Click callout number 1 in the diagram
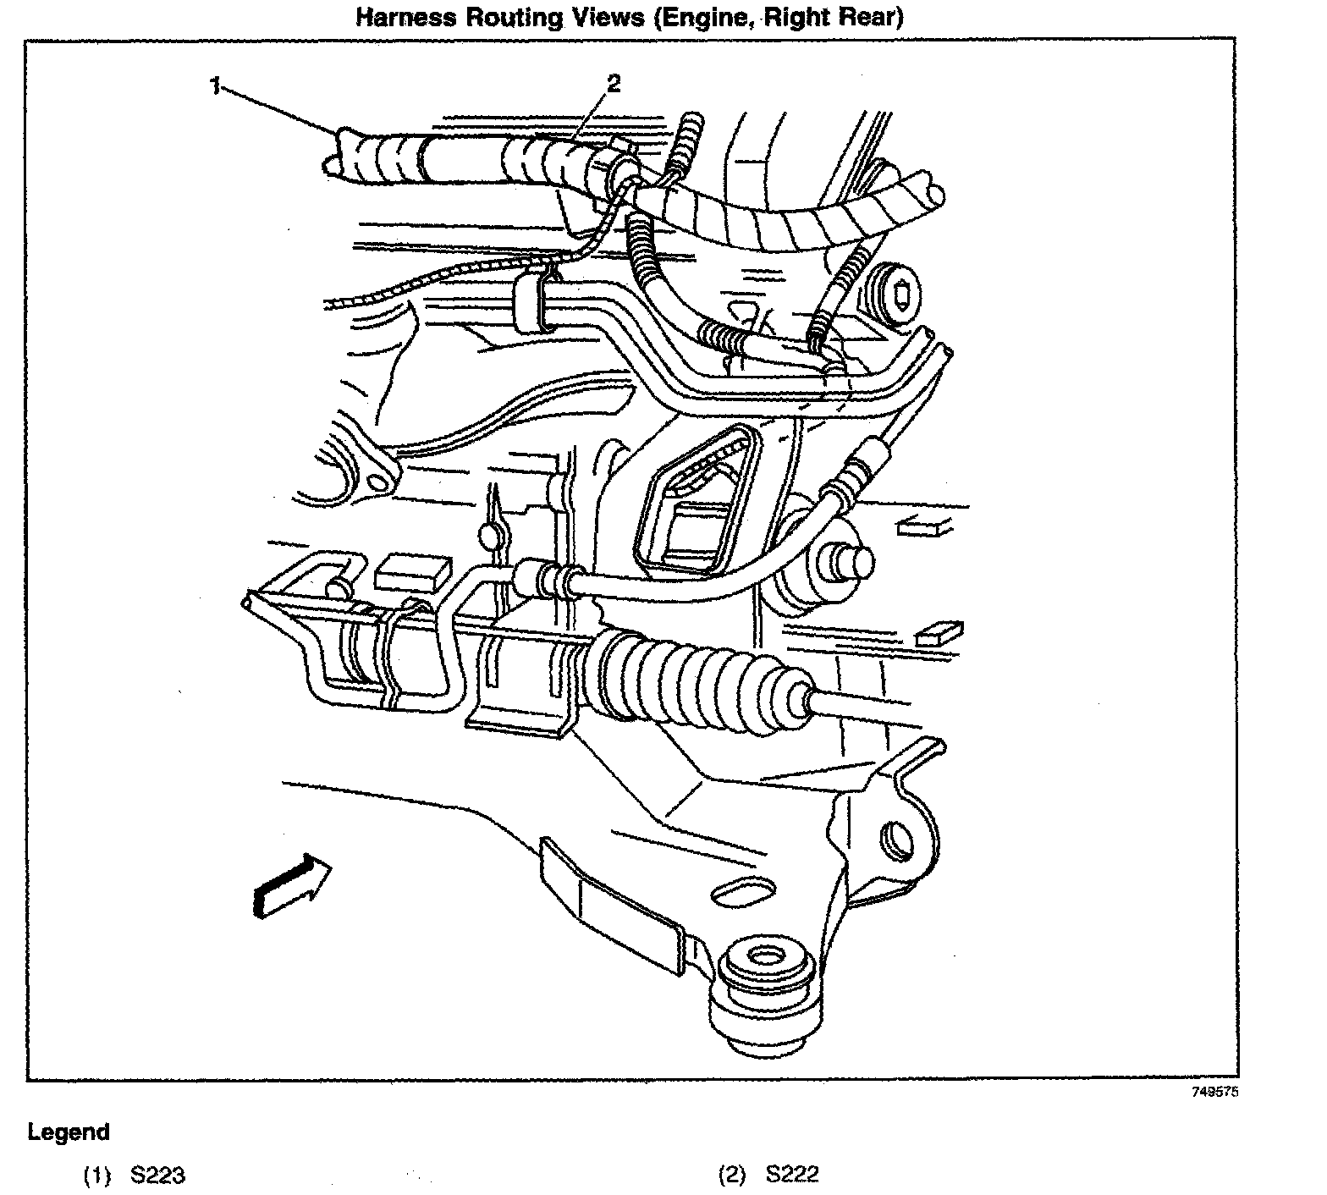click(217, 86)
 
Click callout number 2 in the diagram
click(614, 83)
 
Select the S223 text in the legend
click(157, 1175)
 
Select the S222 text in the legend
click(792, 1175)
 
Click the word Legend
click(69, 1132)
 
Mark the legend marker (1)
click(96, 1175)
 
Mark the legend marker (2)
click(731, 1175)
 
